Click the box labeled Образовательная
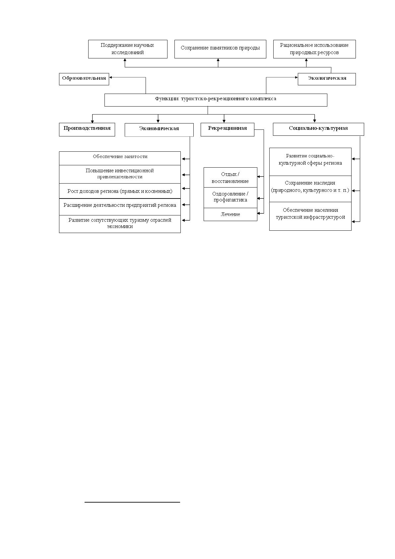(84, 79)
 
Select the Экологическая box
(327, 79)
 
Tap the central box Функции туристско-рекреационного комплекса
(216, 100)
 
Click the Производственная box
(87, 129)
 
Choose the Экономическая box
(159, 130)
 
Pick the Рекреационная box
(228, 129)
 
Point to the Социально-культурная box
(318, 129)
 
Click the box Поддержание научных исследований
(128, 49)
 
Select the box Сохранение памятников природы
(220, 49)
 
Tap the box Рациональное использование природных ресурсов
(314, 49)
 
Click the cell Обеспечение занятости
(120, 158)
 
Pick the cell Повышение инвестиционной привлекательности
(120, 174)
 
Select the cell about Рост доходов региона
(120, 191)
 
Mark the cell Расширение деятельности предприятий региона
(120, 207)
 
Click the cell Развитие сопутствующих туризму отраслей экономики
(120, 224)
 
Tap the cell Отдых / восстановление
(230, 178)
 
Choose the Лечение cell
(230, 214)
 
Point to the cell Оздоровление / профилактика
(230, 198)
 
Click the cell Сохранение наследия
(310, 189)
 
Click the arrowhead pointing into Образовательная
(110, 77)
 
